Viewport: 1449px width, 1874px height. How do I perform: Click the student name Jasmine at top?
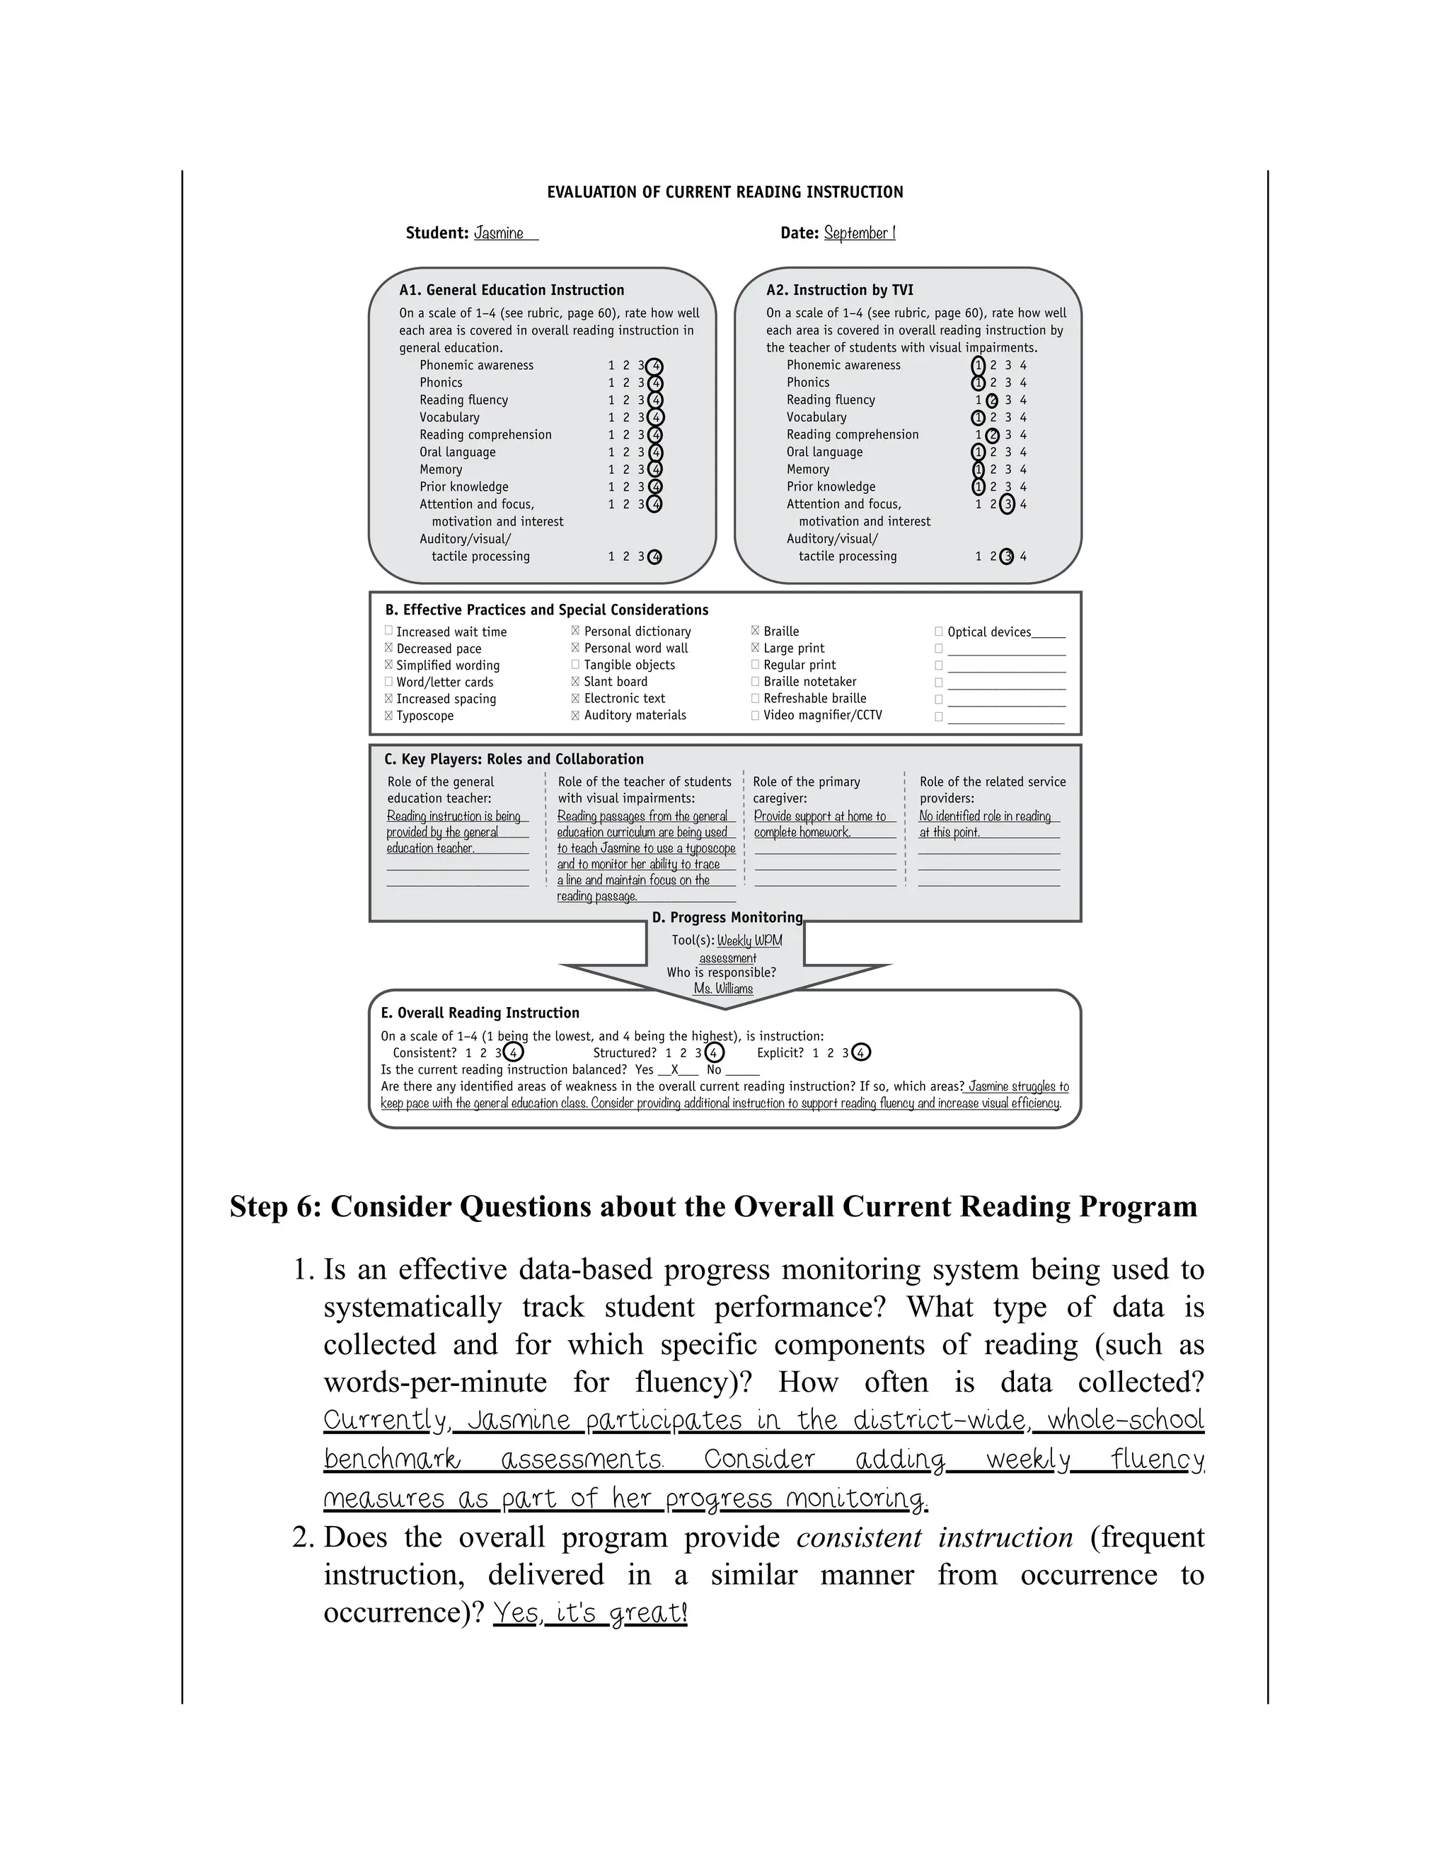[x=499, y=233]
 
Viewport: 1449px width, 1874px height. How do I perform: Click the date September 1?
[x=859, y=233]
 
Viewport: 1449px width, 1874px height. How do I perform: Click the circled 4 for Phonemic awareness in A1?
[x=655, y=366]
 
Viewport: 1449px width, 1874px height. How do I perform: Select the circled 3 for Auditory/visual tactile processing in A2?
[x=1007, y=557]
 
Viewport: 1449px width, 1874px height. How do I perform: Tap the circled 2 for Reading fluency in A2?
[x=993, y=401]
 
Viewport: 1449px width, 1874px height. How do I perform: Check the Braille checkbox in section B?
[x=756, y=631]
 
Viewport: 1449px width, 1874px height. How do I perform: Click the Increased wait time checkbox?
[x=389, y=631]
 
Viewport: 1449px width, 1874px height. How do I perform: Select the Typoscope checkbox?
[x=389, y=716]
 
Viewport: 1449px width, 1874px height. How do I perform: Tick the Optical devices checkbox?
[x=938, y=632]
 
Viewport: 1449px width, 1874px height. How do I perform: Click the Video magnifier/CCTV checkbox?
[x=756, y=715]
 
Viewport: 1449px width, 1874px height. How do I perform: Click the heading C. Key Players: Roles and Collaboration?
[x=514, y=760]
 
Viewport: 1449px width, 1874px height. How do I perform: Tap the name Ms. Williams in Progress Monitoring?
[x=723, y=989]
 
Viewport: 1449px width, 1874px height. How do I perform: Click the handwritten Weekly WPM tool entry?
[x=749, y=941]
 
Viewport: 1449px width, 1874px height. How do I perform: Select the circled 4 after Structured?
[x=713, y=1053]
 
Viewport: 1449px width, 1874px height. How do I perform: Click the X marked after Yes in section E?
[x=675, y=1070]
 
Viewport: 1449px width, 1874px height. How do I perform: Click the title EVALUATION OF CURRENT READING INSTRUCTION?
[x=724, y=192]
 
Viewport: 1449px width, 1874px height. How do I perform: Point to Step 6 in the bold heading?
[x=274, y=1207]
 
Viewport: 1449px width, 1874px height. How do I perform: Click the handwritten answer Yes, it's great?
[x=591, y=1613]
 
